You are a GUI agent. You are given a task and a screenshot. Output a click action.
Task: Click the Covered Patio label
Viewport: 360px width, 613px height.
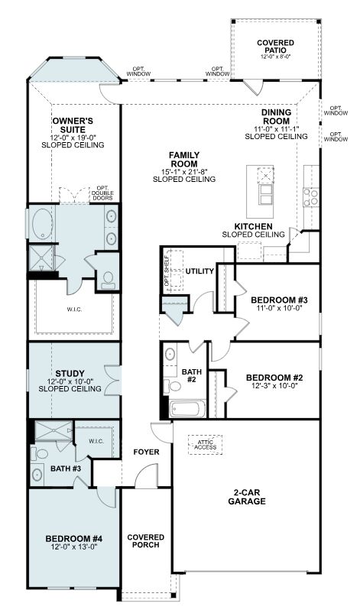click(275, 47)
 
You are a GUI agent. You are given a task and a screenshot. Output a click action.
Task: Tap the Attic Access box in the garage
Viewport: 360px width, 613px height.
click(205, 445)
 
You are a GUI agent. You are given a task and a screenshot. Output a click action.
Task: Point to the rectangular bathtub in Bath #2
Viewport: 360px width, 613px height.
click(186, 409)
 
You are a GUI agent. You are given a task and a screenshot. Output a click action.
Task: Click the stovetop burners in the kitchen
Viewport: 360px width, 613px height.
click(311, 197)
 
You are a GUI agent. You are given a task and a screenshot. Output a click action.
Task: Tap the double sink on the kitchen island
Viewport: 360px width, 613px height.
click(265, 195)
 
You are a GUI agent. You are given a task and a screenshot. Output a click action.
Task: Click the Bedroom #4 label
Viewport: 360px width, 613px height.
click(73, 539)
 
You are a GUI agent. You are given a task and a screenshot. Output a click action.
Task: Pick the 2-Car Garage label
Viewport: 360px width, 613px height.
click(247, 497)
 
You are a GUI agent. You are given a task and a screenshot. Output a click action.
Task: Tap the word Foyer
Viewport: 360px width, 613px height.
click(146, 452)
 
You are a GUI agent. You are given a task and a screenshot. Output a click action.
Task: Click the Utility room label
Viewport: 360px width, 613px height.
click(199, 271)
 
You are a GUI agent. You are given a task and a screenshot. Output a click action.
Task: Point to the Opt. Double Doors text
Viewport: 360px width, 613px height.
click(102, 193)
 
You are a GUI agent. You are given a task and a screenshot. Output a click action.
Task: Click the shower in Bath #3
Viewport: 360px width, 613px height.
click(54, 431)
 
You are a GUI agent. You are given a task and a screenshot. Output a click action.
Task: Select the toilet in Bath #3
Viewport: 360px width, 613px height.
click(40, 454)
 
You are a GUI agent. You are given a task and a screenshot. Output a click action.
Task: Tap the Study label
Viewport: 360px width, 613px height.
click(70, 374)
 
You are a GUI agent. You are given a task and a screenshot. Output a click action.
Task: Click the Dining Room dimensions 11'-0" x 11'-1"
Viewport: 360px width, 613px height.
click(276, 129)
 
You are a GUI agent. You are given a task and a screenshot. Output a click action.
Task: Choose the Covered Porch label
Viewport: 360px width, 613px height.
click(145, 541)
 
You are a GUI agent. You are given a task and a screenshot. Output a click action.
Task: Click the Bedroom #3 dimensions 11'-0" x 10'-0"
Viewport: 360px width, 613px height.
click(279, 308)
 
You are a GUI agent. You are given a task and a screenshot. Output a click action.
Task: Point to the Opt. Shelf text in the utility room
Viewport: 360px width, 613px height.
click(167, 271)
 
